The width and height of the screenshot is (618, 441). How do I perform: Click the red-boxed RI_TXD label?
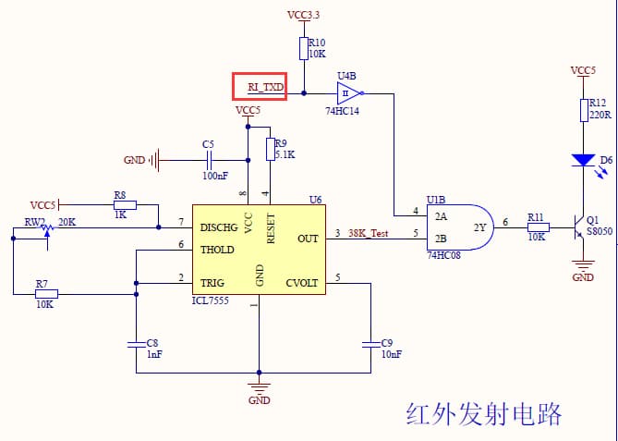coord(260,86)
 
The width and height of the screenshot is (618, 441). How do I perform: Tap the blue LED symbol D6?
coord(583,160)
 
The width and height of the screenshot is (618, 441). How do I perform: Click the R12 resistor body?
coord(583,110)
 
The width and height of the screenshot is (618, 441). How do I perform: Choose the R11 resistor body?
coord(538,227)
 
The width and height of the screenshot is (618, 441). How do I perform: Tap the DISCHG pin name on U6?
coord(219,227)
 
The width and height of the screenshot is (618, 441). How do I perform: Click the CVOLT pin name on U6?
coord(302,283)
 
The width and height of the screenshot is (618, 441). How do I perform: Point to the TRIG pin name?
coord(212,283)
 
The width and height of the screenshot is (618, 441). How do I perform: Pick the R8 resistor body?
coord(124,205)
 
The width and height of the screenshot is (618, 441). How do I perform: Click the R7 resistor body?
coord(45,294)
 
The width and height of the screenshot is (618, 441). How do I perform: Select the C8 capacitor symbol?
coord(136,344)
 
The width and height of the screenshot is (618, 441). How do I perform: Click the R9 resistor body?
coord(269,150)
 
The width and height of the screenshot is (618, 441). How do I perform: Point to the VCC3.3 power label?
coord(304,16)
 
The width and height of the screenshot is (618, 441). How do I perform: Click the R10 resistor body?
coord(303,49)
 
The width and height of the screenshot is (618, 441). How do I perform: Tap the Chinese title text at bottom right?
coord(483,413)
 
